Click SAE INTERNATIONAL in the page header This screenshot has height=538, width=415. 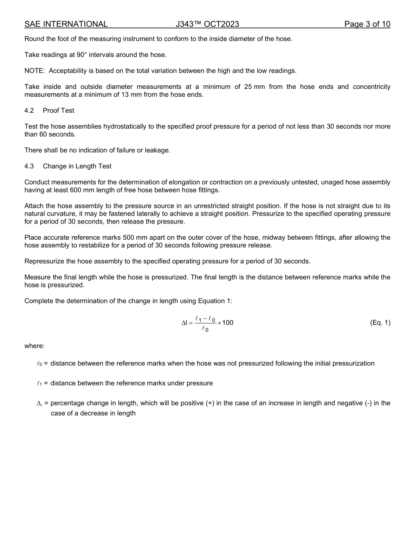66,24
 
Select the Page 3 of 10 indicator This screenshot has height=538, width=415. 367,24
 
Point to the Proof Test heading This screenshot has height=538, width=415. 59,111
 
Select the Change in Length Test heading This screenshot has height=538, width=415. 77,166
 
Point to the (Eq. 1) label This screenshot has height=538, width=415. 380,323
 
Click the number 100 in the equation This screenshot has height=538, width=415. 228,323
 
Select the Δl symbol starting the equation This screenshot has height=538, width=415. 184,323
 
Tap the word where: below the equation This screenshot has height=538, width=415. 35,346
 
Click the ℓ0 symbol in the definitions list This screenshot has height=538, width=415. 39,363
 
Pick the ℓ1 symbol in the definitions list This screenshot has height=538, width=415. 39,383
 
